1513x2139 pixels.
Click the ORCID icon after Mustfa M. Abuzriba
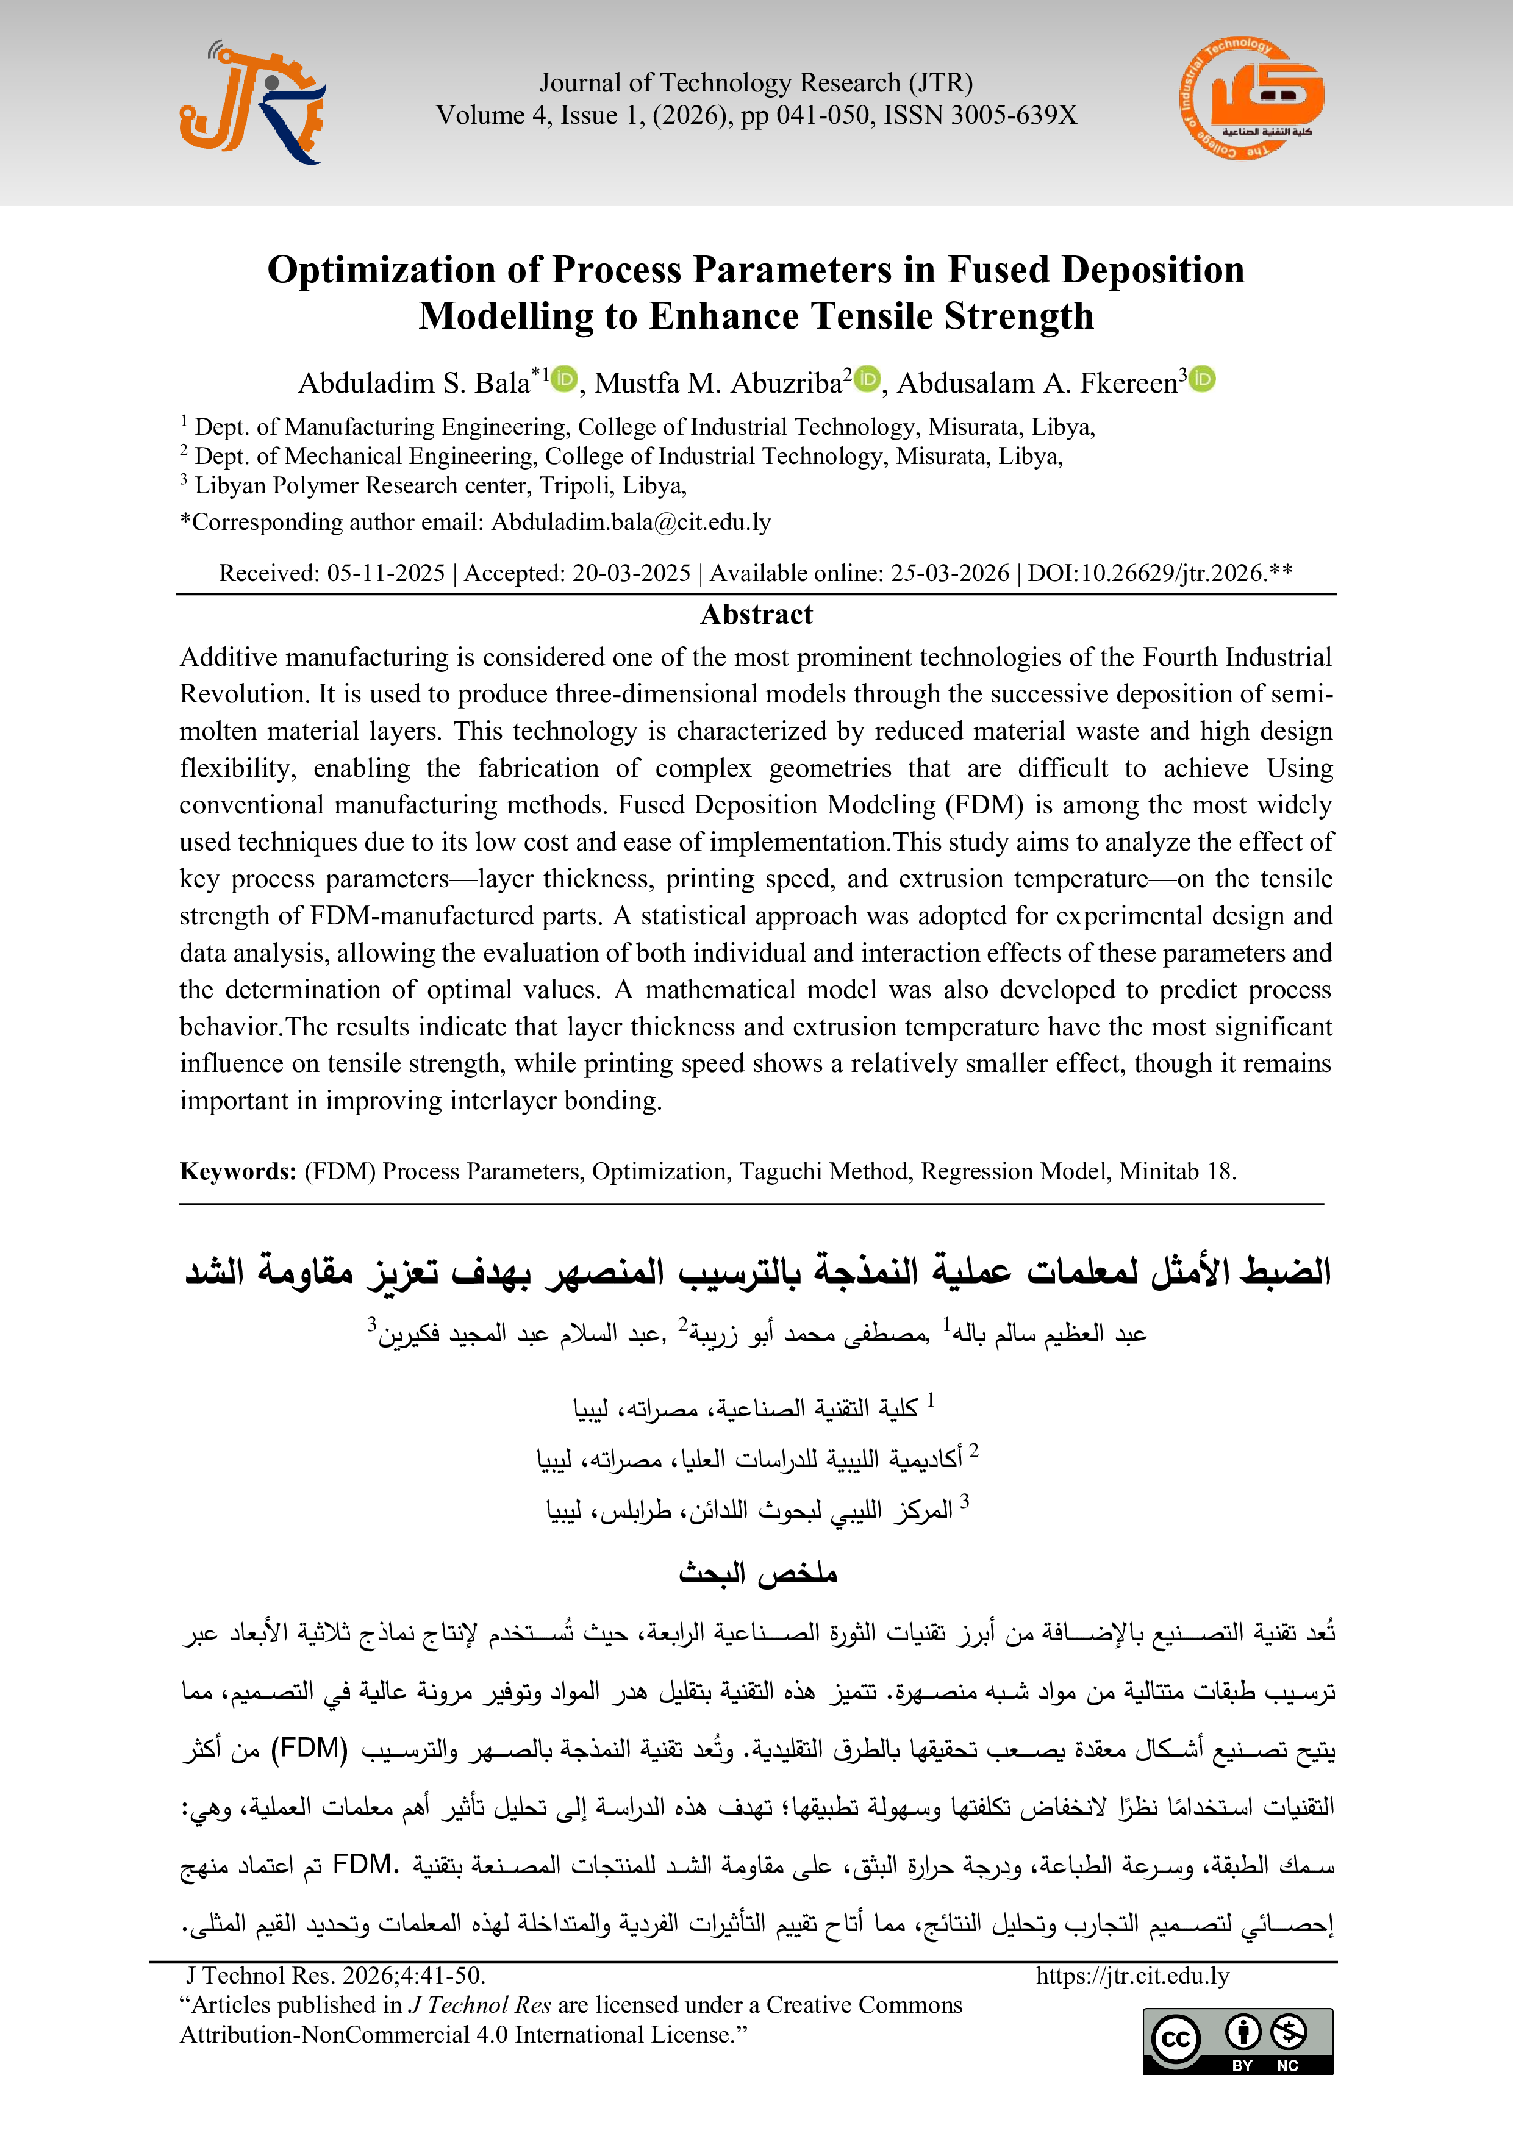(867, 379)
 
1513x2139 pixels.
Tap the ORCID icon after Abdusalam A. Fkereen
(1203, 379)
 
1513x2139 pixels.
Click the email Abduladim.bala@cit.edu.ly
(631, 522)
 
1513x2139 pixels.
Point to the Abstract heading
(756, 615)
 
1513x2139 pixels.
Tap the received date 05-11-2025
(385, 573)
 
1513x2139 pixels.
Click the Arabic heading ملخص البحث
(756, 1574)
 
